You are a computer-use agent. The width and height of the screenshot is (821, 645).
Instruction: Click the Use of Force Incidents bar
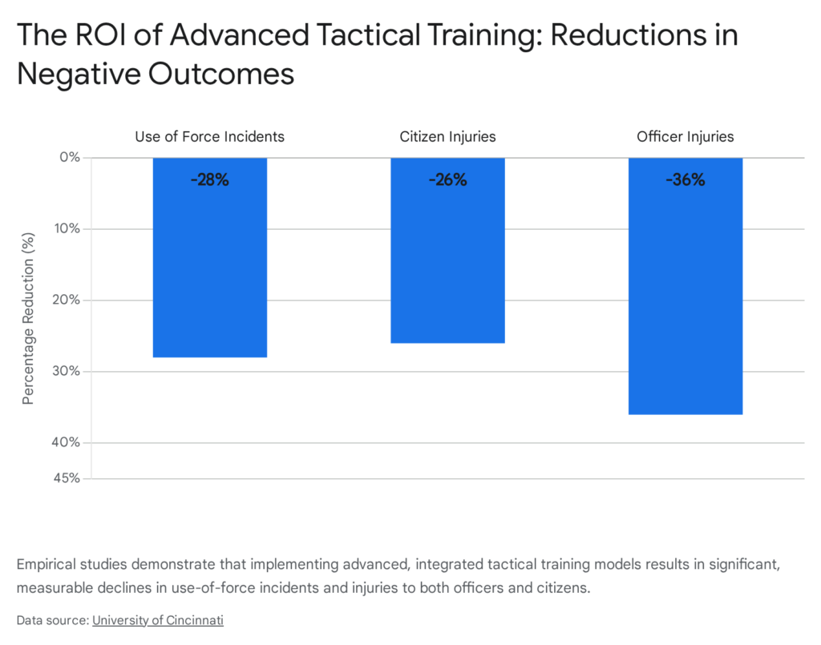(x=210, y=264)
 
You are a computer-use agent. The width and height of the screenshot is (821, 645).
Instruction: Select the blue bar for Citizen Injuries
(x=447, y=256)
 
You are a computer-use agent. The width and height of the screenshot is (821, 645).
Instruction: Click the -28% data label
(x=210, y=180)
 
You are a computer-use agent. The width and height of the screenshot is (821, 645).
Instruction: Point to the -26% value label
(x=447, y=180)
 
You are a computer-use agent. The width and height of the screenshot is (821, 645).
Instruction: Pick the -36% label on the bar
(x=685, y=180)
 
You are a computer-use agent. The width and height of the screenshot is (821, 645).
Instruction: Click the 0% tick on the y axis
(x=69, y=157)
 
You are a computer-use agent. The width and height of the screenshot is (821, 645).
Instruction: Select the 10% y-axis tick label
(x=67, y=228)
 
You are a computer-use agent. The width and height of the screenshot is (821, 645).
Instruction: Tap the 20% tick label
(x=67, y=300)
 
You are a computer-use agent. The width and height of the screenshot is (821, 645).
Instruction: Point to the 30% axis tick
(x=67, y=371)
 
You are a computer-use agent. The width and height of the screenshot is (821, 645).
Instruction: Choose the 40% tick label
(x=67, y=442)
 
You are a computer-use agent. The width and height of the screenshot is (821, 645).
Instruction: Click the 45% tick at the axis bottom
(x=67, y=478)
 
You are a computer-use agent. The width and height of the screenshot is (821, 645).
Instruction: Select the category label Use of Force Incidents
(x=210, y=136)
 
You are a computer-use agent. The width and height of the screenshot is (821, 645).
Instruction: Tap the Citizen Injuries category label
(x=447, y=136)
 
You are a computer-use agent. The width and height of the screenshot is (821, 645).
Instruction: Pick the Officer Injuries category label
(x=685, y=136)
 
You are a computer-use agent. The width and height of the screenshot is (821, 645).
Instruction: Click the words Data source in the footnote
(x=51, y=619)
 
